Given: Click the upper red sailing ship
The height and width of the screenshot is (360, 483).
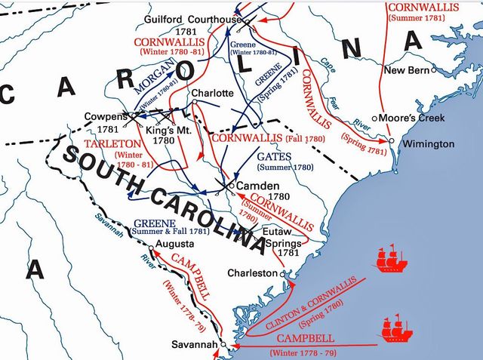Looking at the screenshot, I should click(391, 259).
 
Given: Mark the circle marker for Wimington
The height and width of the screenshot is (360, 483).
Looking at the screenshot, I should click(391, 140).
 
